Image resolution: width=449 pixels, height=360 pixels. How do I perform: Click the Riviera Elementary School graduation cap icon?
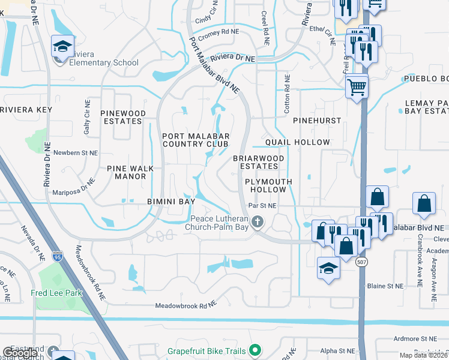[x=62, y=47]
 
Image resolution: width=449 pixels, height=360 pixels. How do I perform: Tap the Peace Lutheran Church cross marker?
[x=258, y=223]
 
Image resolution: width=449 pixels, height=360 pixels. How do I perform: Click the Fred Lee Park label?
[x=55, y=293]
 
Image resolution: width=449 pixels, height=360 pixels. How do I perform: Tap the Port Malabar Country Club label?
[x=195, y=140]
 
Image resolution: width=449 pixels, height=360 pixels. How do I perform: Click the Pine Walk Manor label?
[x=127, y=173]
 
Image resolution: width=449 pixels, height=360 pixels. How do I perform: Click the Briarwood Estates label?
[x=259, y=162]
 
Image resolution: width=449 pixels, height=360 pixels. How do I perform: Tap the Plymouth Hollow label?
[x=268, y=185]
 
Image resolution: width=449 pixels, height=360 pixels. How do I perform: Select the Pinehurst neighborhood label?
[x=317, y=121]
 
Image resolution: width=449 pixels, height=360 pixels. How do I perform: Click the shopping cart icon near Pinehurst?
[x=357, y=87]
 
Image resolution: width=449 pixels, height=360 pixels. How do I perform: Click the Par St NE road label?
[x=263, y=206]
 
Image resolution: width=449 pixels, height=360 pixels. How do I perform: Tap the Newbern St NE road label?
[x=76, y=153]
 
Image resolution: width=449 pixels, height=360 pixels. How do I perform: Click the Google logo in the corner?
[x=20, y=353]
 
